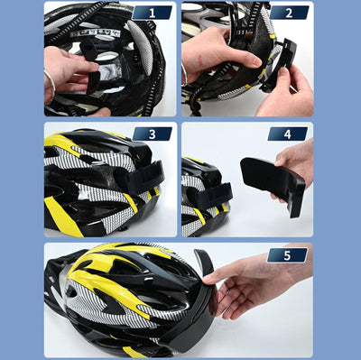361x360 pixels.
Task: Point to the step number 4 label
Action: pyautogui.click(x=288, y=134)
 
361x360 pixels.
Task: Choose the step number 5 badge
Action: pyautogui.click(x=288, y=255)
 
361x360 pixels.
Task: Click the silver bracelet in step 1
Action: pyautogui.click(x=51, y=82)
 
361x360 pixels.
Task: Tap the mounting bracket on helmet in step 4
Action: pyautogui.click(x=217, y=194)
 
